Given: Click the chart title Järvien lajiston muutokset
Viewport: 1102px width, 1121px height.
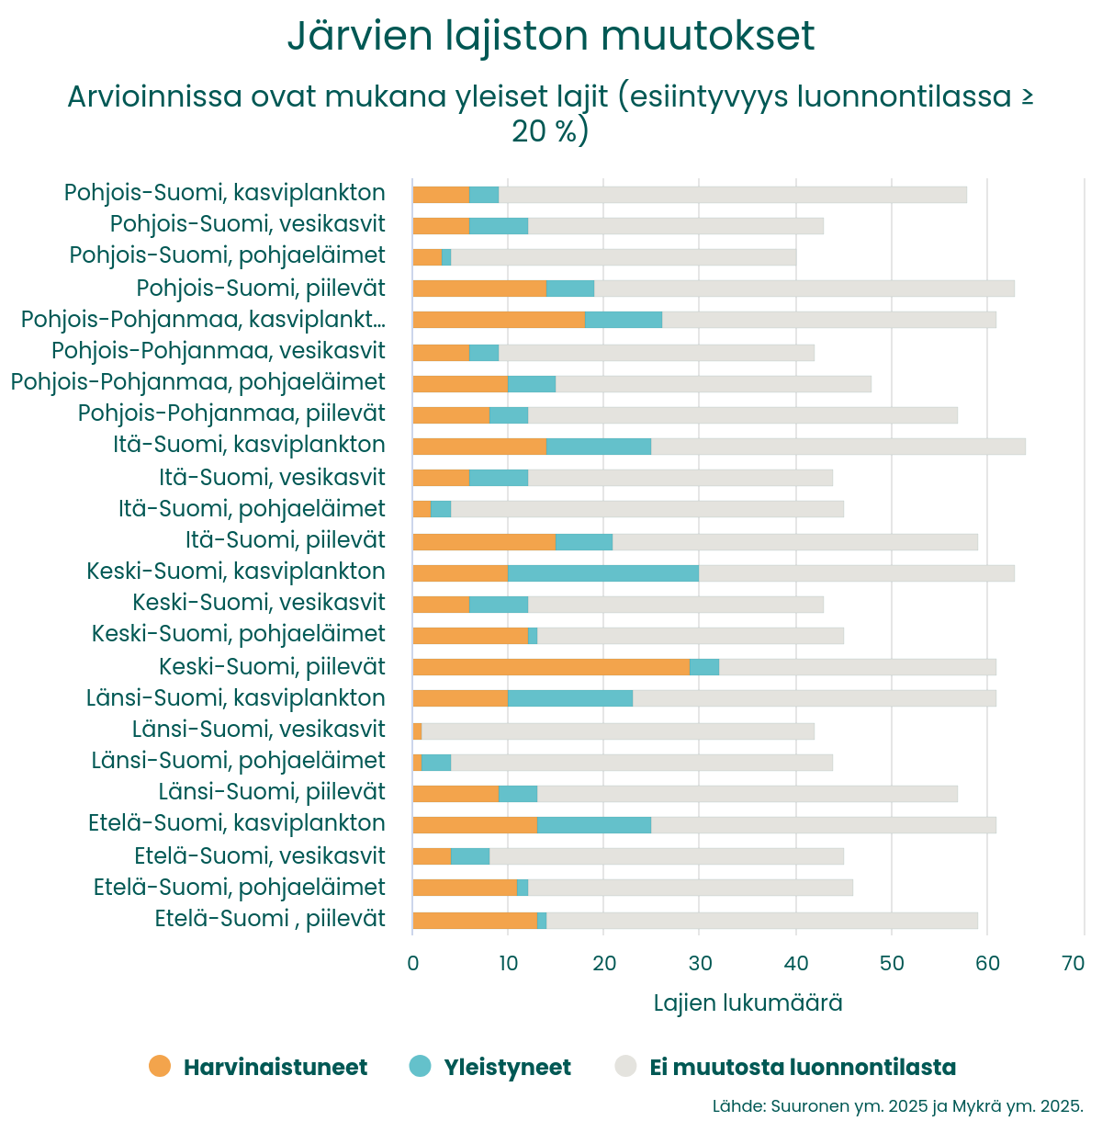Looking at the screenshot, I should tap(551, 37).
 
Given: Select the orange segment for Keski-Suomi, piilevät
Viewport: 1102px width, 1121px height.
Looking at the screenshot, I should tap(551, 667).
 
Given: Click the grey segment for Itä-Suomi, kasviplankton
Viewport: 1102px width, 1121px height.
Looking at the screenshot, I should tap(838, 447).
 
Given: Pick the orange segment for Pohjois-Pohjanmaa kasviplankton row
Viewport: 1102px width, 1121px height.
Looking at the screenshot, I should tap(499, 320).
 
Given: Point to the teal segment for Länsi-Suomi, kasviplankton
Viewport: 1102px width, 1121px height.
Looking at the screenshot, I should tap(570, 698).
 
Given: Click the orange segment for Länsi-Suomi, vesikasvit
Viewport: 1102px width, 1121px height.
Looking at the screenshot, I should tap(417, 731).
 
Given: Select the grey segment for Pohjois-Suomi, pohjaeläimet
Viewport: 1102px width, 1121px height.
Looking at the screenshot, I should tap(624, 257).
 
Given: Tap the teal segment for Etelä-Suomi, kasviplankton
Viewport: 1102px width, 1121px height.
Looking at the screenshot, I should tap(594, 825).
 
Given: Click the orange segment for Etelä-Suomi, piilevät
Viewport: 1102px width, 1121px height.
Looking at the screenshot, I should tap(475, 921).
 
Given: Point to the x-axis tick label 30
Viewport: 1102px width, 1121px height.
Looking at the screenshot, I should tap(700, 963).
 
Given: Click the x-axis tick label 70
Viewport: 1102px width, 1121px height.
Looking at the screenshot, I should tap(1073, 963).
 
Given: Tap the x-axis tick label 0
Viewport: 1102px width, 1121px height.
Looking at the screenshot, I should tap(412, 963).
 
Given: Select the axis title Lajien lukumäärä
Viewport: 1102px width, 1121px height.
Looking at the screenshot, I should tap(748, 1002).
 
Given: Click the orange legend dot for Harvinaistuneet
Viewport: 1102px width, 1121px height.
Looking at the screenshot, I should tap(160, 1066).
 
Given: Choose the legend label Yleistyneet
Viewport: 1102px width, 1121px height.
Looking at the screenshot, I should tap(507, 1068).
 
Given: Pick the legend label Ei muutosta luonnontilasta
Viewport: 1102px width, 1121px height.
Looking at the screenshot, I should tap(803, 1068).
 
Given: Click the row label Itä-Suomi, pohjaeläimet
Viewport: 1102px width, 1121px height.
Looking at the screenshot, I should tap(252, 509).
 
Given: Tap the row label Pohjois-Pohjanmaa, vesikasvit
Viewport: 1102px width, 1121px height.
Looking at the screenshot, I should tap(219, 351).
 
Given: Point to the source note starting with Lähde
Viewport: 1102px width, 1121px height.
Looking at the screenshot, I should tap(897, 1105).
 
